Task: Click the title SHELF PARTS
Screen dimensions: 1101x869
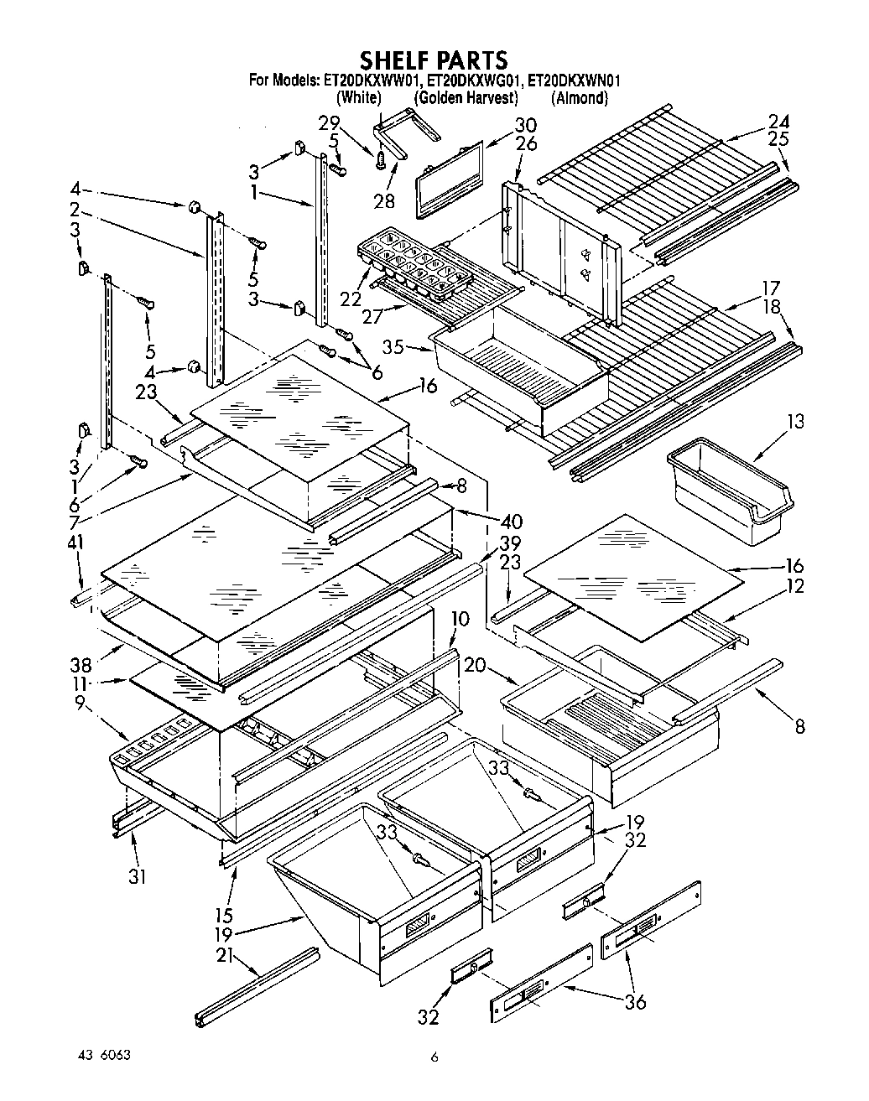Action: coord(434,60)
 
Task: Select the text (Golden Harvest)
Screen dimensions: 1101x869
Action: coord(466,98)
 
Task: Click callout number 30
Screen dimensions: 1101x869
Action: coord(525,126)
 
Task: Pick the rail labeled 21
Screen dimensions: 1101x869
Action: coord(257,987)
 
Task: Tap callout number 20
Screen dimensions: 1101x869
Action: coord(474,665)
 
